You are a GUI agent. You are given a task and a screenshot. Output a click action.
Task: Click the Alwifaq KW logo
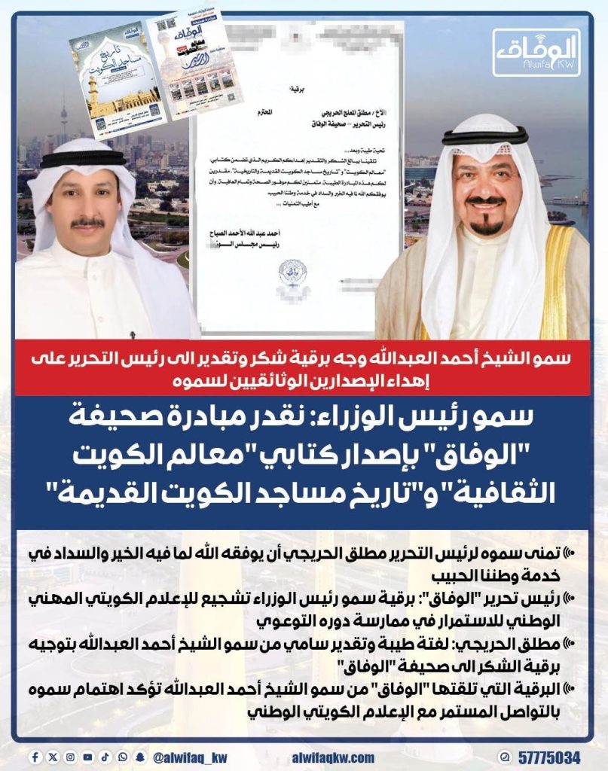[536, 53]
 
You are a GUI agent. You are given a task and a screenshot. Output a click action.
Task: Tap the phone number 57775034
[548, 756]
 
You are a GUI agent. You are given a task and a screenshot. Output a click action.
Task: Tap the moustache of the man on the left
[87, 223]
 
